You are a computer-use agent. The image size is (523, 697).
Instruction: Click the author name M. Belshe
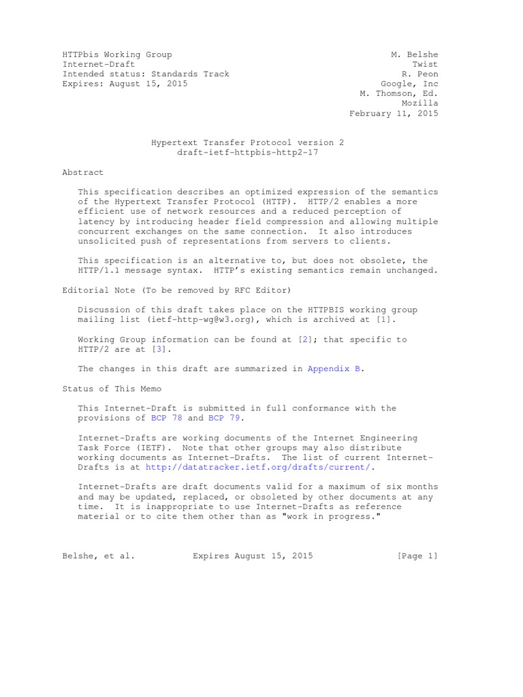(415, 54)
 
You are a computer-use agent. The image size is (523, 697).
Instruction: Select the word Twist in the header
(425, 64)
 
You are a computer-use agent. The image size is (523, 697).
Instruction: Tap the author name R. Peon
(420, 74)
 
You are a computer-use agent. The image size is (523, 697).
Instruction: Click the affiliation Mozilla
(420, 103)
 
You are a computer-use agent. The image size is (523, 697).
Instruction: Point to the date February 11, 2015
(394, 114)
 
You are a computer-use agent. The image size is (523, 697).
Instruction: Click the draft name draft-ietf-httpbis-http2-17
(247, 152)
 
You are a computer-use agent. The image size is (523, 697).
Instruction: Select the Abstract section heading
(83, 173)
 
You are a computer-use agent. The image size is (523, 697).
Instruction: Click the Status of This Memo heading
(112, 388)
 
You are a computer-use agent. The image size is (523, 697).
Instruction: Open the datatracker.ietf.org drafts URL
(258, 468)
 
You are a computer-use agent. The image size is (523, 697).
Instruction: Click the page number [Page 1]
(417, 556)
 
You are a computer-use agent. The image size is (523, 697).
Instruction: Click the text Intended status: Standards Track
(146, 74)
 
